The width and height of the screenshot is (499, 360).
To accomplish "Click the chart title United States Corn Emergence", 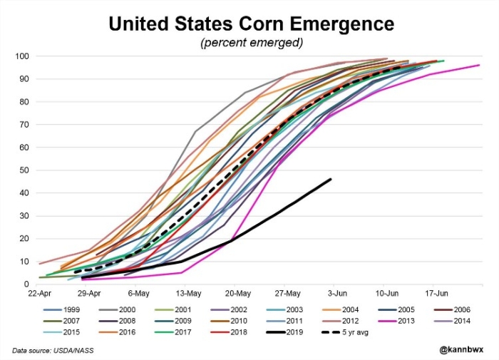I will (x=250, y=24).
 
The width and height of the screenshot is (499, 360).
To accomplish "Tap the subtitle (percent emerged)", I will (x=250, y=43).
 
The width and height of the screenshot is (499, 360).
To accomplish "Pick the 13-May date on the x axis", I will (x=187, y=293).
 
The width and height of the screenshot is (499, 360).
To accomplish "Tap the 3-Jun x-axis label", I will (x=337, y=293).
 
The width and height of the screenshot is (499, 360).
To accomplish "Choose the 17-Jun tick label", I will (x=436, y=293).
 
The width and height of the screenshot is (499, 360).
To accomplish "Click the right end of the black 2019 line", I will (x=331, y=179).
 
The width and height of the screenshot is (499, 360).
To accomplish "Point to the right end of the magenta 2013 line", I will (x=479, y=65).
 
